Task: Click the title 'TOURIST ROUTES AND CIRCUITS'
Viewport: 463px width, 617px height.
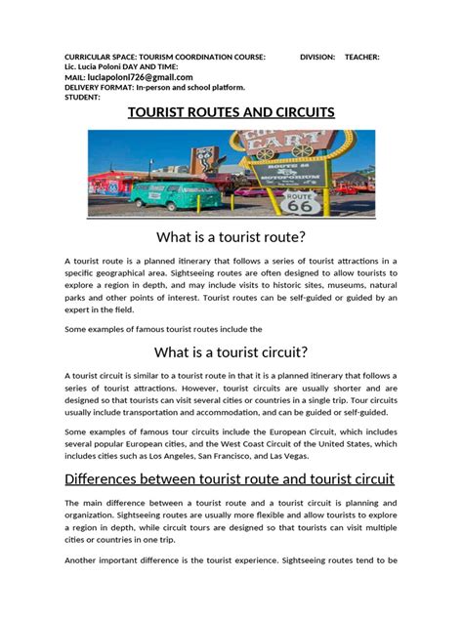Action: coord(231,112)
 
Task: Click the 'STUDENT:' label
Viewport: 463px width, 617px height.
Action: coord(82,97)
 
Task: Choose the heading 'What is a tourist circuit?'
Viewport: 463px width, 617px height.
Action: coord(231,351)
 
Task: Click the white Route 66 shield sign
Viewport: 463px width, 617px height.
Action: coord(296,201)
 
